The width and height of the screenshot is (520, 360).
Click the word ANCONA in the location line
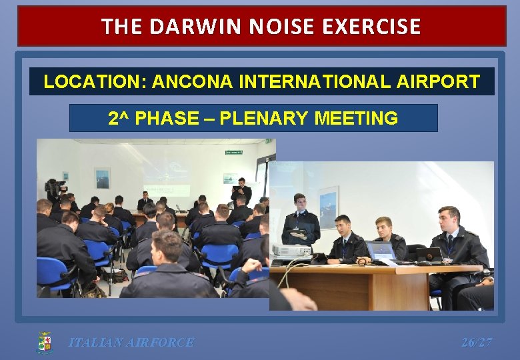[x=192, y=82]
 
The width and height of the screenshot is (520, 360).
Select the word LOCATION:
[x=95, y=82]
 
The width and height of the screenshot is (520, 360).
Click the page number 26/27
[x=477, y=343]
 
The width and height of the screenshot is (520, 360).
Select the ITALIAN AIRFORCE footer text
[x=131, y=343]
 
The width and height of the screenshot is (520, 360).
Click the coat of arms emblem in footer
[x=45, y=343]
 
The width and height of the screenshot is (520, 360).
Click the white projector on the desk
[x=292, y=251]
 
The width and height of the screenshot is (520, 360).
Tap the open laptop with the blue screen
[x=381, y=251]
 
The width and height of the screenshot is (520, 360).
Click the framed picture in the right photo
[x=328, y=207]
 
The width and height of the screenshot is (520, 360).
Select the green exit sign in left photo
[x=233, y=153]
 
